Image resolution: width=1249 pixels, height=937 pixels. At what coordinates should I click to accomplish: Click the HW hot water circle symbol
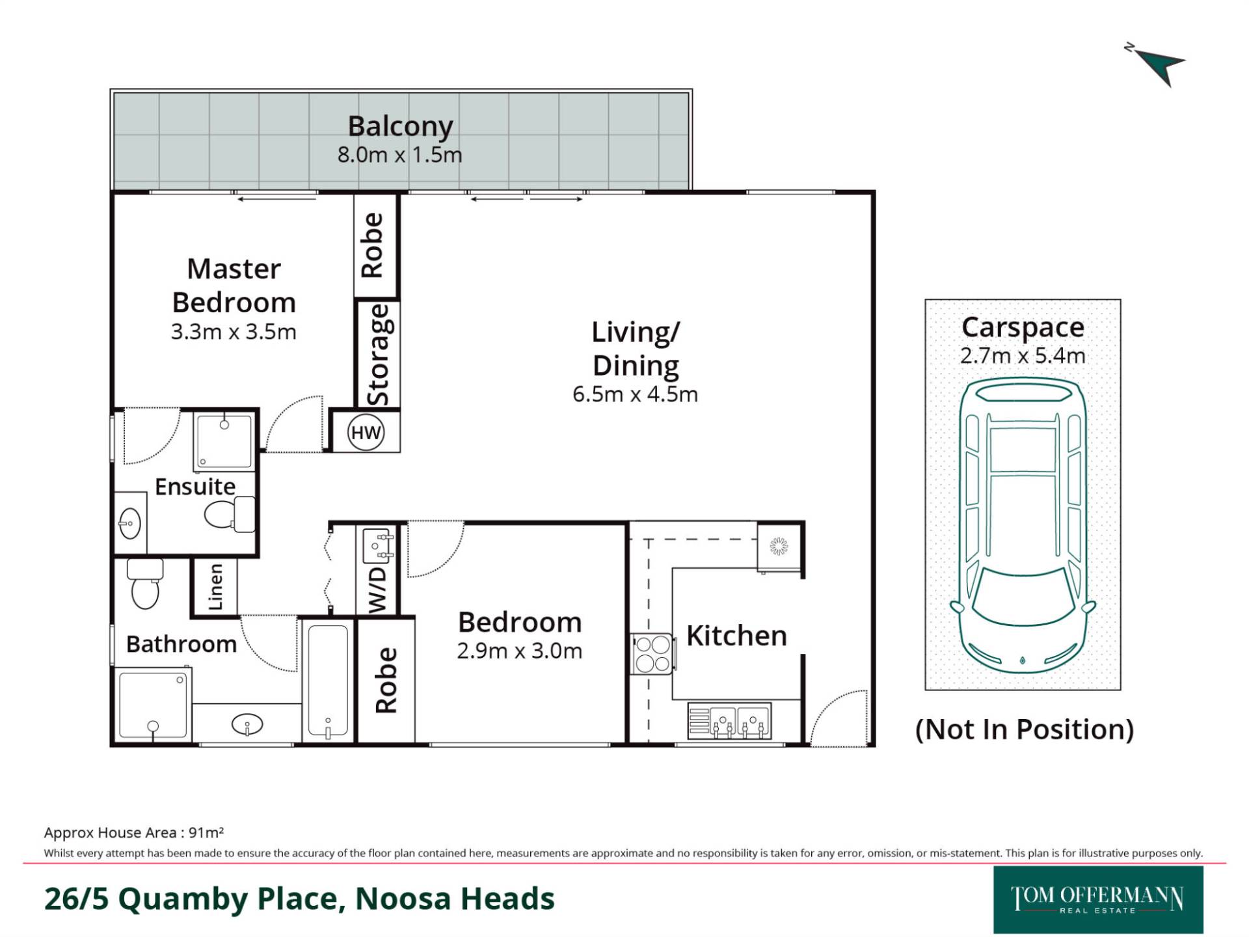coord(366,433)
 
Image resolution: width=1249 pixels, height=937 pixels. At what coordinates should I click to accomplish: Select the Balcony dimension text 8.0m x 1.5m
coord(399,155)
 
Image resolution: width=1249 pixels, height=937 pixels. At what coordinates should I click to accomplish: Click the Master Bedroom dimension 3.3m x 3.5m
coord(234,332)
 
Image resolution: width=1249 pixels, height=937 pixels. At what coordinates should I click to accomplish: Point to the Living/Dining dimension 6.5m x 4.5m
coord(636,394)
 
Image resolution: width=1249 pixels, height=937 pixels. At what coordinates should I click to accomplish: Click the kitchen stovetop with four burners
coord(653,655)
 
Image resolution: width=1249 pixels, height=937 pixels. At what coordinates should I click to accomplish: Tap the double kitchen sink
coord(730,721)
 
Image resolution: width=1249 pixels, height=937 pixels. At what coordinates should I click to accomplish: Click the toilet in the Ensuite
coord(230,514)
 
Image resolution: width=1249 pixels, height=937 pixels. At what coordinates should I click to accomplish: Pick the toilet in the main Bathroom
coord(144,583)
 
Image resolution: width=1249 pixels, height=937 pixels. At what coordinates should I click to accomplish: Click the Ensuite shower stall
coord(224,441)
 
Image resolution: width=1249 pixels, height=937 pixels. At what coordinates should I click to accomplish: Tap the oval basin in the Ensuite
coord(130,523)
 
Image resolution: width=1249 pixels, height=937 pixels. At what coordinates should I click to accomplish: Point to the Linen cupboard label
coord(215,587)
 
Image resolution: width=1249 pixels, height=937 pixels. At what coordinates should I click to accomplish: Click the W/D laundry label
coord(377,589)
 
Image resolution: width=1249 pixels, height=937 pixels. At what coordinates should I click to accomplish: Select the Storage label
coord(378,355)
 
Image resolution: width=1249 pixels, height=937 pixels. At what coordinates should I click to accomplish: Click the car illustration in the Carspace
coord(1023,526)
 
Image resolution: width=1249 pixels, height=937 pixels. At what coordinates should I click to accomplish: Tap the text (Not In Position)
coord(1025,729)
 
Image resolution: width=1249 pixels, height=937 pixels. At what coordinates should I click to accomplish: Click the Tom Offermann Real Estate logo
coord(1098,900)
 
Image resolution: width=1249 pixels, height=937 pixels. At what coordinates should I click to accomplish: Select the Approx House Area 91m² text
coord(134,832)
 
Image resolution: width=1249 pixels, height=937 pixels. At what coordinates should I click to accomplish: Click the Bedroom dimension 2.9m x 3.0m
coord(519,651)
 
